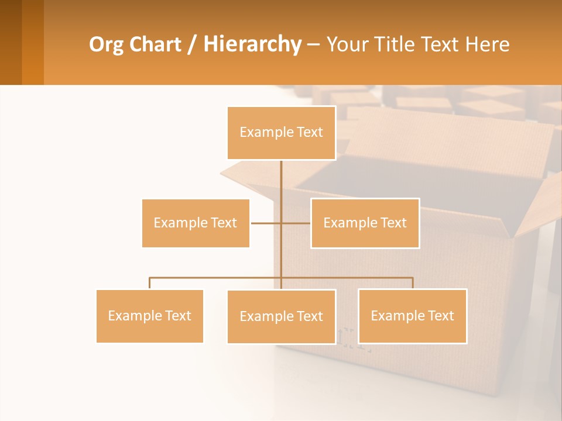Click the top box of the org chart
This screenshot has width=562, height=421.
[x=281, y=133]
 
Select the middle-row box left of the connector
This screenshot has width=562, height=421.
[x=196, y=223]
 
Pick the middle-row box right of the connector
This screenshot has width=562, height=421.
[x=365, y=223]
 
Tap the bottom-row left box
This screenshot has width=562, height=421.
[x=149, y=316]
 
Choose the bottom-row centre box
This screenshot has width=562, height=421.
[x=281, y=316]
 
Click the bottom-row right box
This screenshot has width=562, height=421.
[x=412, y=316]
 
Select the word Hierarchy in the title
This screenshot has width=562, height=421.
[x=252, y=44]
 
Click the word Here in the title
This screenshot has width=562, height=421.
[x=487, y=44]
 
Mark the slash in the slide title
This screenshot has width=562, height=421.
[x=193, y=45]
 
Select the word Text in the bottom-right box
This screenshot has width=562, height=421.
[x=441, y=316]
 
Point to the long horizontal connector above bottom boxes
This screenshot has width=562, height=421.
[x=217, y=278]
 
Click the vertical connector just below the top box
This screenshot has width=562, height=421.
[x=281, y=175]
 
